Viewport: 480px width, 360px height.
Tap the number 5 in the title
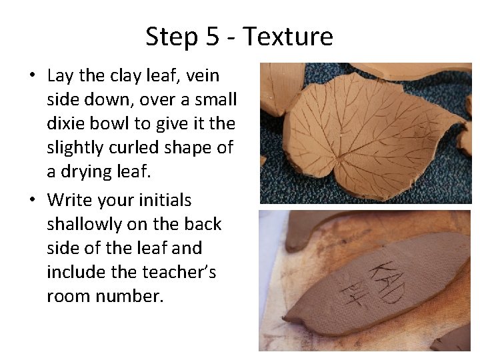click(213, 36)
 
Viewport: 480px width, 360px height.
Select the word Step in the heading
click(170, 36)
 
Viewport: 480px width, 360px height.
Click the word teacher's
click(179, 272)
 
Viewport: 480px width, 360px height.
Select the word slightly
click(75, 147)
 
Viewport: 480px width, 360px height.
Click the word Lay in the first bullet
click(60, 76)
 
